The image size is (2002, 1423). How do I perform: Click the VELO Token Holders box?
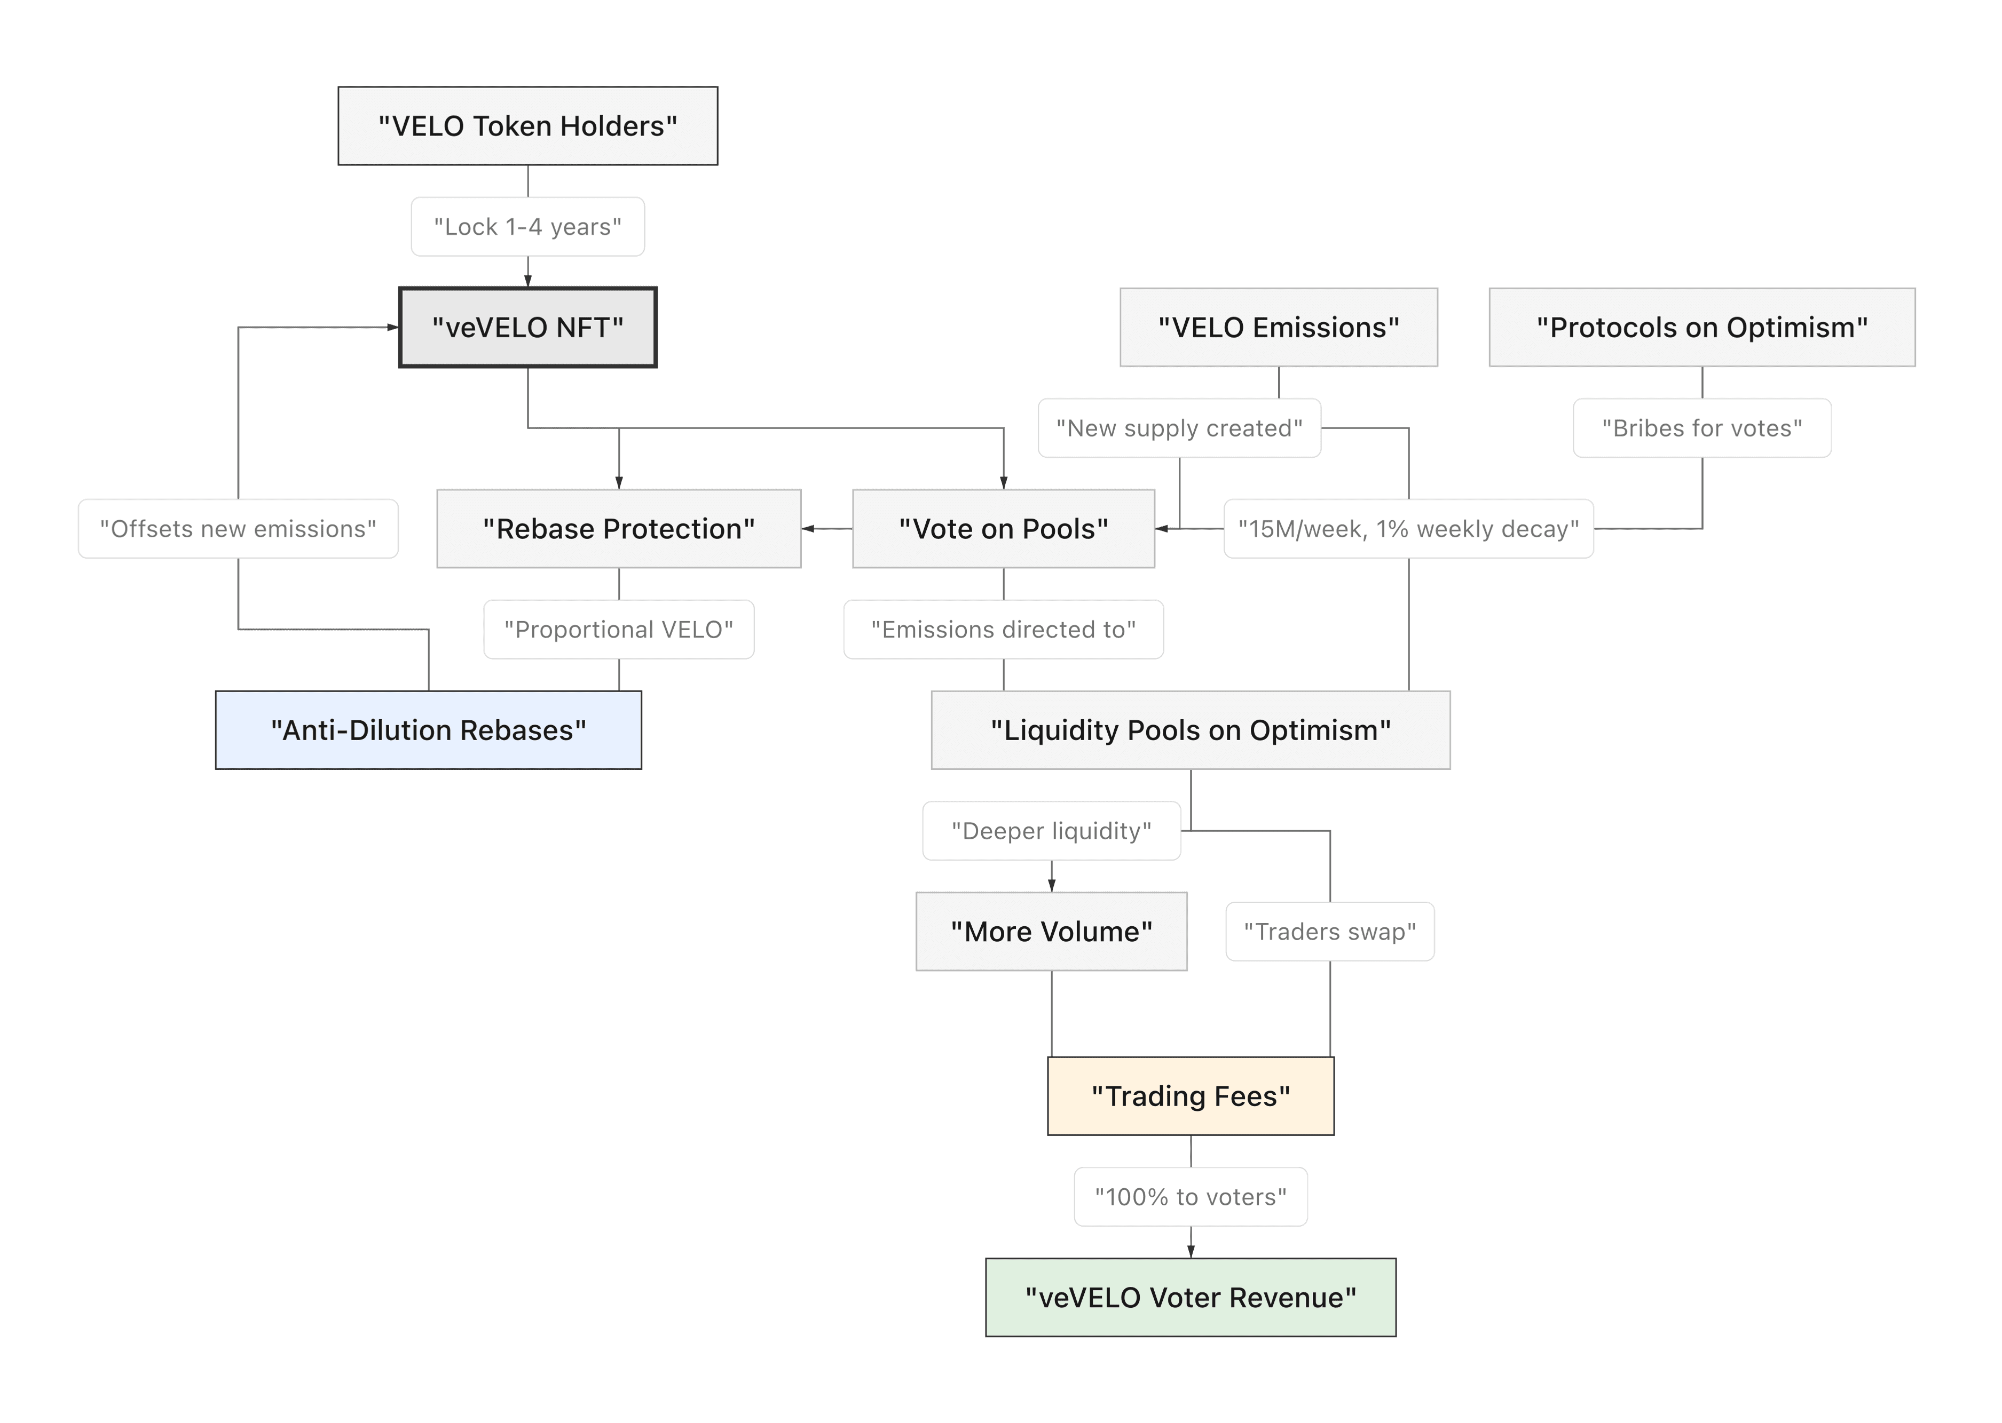coord(527,126)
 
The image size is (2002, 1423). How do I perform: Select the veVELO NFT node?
coord(527,328)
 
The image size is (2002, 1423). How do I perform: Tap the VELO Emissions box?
coord(1278,328)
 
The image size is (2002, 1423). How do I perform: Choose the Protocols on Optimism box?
coord(1701,328)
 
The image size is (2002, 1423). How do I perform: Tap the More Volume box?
coord(1051,932)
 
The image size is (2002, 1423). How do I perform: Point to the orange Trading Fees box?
coord(1191,1096)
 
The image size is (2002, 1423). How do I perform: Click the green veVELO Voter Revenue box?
coord(1191,1298)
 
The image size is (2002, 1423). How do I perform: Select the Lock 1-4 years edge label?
coord(527,227)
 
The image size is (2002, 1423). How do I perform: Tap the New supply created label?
coord(1179,428)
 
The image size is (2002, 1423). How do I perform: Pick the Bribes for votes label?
coord(1701,428)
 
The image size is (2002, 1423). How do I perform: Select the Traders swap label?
coord(1330,932)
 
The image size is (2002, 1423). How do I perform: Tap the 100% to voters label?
coord(1191,1197)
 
